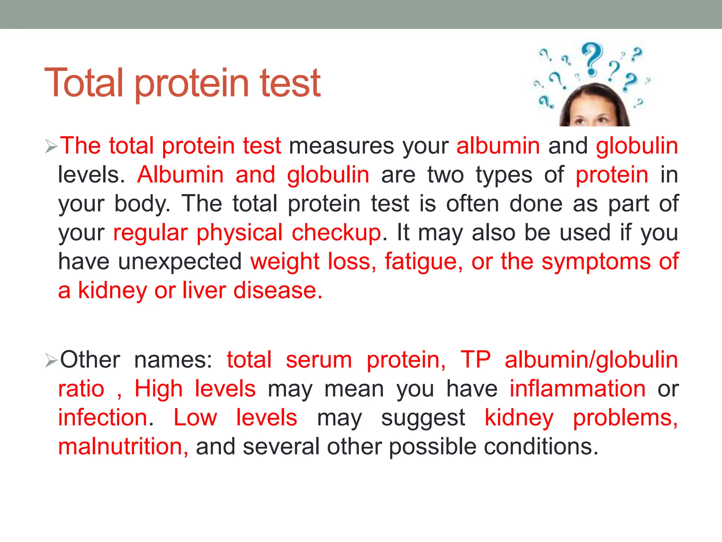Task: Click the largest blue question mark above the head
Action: [592, 59]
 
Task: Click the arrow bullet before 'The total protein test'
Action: [51, 146]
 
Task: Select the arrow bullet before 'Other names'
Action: [51, 360]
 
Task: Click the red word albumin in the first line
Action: [498, 146]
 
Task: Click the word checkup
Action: [336, 233]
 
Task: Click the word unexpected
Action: [179, 262]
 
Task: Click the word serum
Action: [319, 360]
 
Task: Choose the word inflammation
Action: [577, 389]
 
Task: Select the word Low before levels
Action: [195, 418]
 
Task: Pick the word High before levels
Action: [159, 389]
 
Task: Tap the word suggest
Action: [423, 418]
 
